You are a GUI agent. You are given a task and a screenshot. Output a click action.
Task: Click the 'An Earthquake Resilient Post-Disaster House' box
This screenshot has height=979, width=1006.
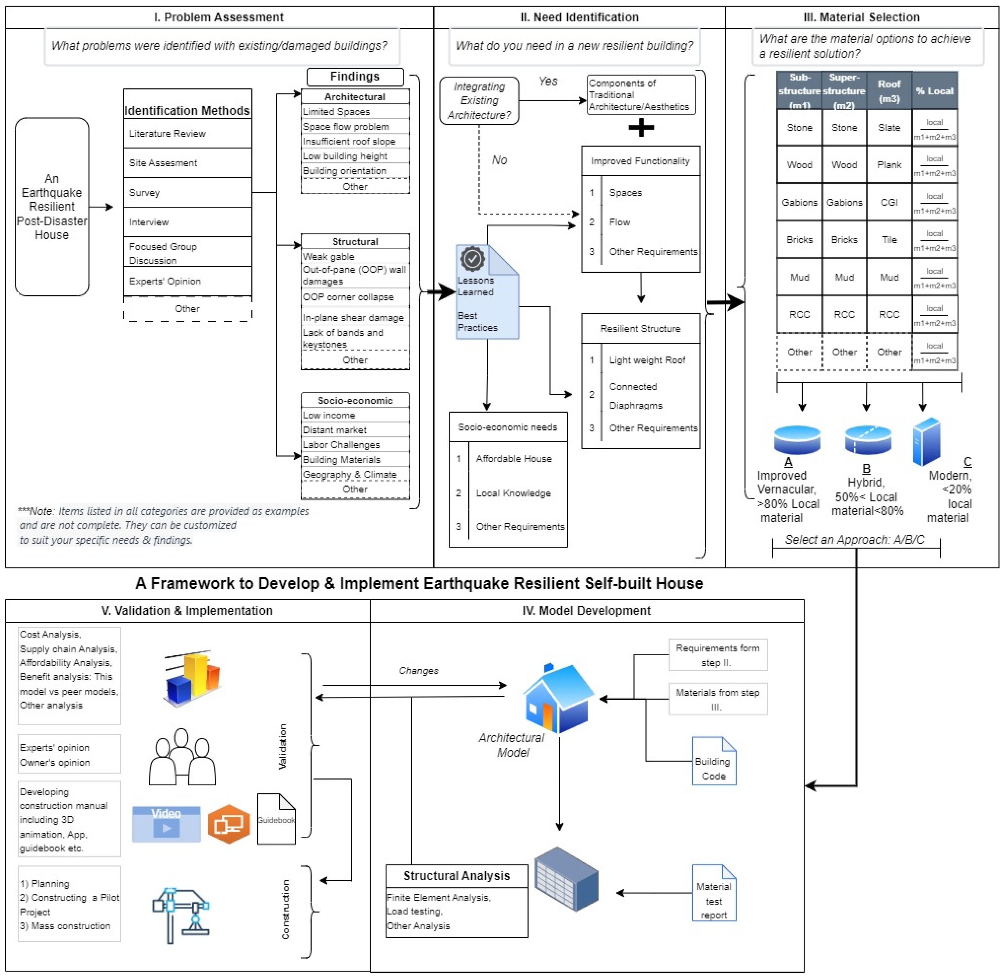pos(52,207)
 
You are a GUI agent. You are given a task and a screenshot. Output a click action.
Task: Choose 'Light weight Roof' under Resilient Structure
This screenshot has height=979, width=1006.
pos(647,360)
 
